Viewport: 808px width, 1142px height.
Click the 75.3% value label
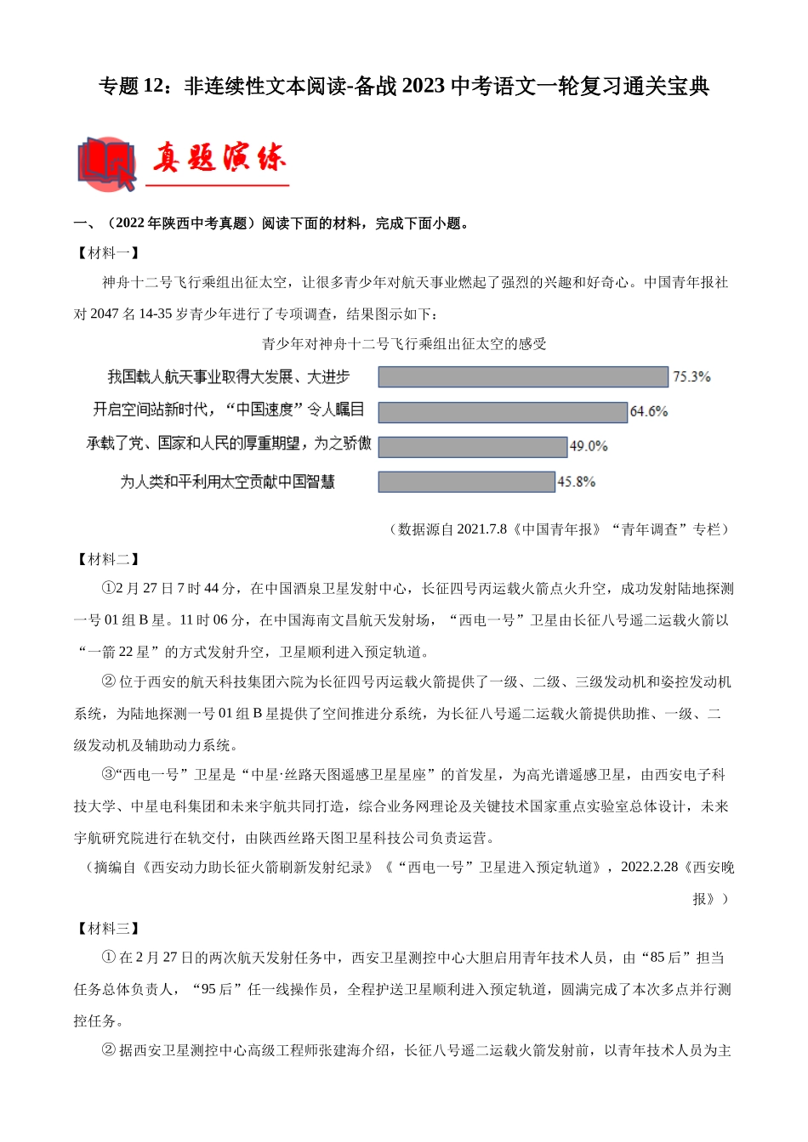coord(691,376)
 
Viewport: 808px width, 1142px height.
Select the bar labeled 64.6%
coord(502,412)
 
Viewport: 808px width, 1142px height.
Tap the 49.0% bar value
coord(588,446)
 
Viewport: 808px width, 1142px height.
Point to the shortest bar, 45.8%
coord(466,482)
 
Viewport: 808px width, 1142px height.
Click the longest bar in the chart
coord(522,376)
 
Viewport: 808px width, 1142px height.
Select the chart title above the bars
coord(404,344)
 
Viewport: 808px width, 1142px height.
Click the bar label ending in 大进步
coord(228,376)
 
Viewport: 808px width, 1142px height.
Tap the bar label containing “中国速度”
coord(228,410)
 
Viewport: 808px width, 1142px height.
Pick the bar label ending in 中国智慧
coord(227,482)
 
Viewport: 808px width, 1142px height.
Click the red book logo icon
coord(106,163)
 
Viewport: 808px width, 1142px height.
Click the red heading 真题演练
coord(219,159)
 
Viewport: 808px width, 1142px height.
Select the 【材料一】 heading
coord(107,252)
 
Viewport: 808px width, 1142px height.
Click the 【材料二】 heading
coord(107,558)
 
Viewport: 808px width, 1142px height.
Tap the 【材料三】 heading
coord(107,928)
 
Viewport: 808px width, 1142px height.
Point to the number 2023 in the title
coord(422,86)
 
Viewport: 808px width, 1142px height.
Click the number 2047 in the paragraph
coord(105,314)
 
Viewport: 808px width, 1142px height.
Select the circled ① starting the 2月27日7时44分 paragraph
coord(108,588)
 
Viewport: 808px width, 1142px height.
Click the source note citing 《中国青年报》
coord(558,529)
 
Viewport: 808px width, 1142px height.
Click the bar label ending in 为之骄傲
coord(228,444)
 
